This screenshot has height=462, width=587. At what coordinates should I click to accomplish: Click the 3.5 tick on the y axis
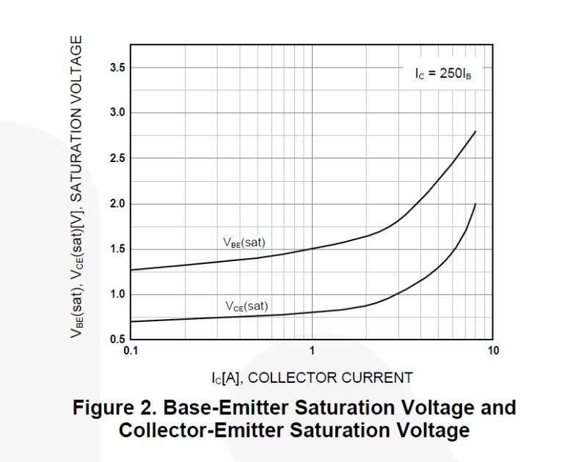[117, 68]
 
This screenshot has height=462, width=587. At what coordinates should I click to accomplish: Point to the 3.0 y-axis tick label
[117, 113]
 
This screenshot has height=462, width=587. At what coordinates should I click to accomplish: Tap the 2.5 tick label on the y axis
[117, 158]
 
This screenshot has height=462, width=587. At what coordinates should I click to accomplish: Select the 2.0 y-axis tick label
[117, 204]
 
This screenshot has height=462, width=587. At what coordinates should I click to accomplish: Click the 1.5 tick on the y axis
[117, 249]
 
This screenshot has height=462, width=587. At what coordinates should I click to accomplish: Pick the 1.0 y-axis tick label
[117, 295]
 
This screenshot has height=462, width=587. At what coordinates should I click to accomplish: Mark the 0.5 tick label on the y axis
[117, 340]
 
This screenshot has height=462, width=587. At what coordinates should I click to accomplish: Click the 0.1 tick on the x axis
[131, 351]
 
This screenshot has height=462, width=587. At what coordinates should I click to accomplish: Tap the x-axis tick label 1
[312, 351]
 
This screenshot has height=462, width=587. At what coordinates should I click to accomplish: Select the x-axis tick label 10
[492, 351]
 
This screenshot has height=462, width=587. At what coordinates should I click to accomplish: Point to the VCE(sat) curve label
[247, 307]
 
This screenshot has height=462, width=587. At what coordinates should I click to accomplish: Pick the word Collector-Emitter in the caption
[199, 430]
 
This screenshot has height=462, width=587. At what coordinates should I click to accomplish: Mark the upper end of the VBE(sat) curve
[475, 131]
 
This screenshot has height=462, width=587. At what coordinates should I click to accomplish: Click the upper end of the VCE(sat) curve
[475, 204]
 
